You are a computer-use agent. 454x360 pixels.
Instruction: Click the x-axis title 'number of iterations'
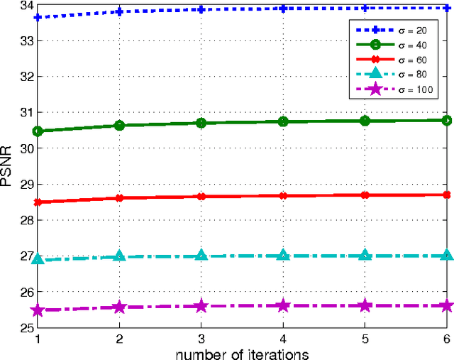[243, 353]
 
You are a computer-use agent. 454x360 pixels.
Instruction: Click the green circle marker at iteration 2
[119, 126]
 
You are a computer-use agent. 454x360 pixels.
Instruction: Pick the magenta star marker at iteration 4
[283, 305]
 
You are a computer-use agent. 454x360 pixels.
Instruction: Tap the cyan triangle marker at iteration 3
[201, 256]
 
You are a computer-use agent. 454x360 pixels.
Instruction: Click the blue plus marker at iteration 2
[119, 11]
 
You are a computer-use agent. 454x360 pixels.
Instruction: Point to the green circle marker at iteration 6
[446, 121]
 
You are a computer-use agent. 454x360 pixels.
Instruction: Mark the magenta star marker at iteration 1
[37, 310]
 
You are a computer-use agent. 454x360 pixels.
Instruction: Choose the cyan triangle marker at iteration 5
[365, 255]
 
